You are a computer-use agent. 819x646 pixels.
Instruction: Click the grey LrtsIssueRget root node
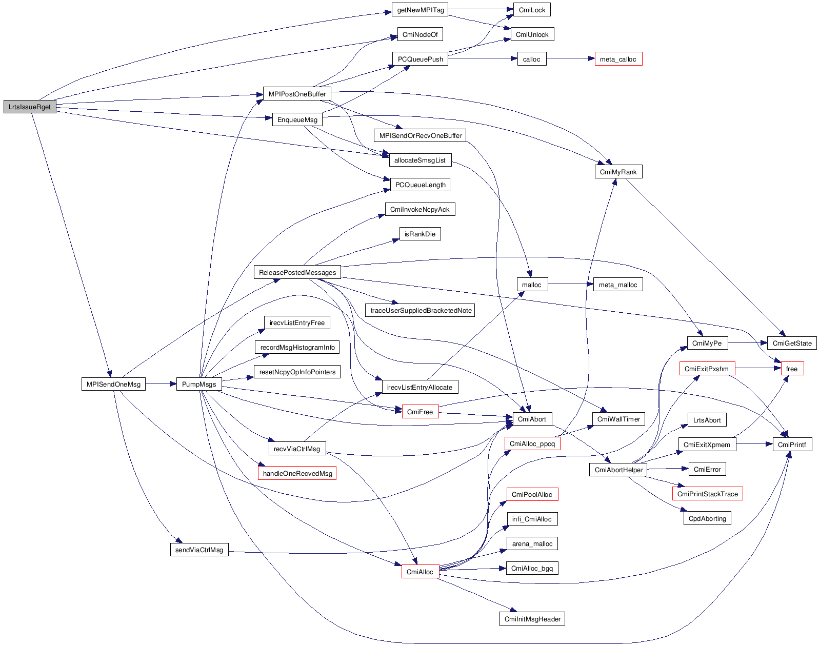coord(30,107)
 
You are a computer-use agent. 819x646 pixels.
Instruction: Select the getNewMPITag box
coord(421,10)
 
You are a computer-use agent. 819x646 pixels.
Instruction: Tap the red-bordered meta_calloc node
coord(618,59)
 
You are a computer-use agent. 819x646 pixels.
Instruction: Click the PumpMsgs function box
coord(199,384)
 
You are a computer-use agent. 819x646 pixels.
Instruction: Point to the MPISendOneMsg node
coord(113,384)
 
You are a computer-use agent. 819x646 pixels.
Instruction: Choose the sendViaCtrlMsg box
coord(199,550)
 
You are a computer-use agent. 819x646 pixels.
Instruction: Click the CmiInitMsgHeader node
coord(532,618)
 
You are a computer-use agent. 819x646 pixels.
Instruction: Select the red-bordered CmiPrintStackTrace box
coord(707,494)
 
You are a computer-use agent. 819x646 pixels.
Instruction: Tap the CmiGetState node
coord(792,343)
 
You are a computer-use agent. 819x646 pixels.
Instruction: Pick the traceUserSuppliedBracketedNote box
coord(421,310)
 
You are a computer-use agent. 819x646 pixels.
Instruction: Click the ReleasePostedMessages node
coord(297,272)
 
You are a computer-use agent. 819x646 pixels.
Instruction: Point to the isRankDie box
coord(420,234)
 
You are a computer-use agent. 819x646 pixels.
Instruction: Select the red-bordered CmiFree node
coord(420,412)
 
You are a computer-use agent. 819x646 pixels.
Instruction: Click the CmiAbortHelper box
coord(618,470)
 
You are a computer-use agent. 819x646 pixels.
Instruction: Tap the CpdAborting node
coord(707,518)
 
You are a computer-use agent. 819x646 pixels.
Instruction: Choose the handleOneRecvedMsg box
coord(297,473)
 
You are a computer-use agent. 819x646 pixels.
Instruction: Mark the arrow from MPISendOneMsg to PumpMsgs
coord(161,383)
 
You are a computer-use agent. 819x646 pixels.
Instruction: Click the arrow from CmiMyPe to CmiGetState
coord(747,343)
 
